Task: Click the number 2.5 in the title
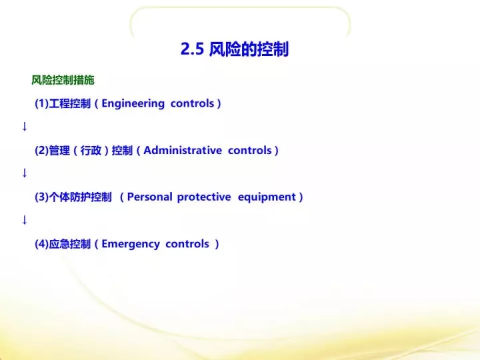[x=192, y=49]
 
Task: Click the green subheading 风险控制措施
[x=63, y=80]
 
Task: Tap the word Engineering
[x=133, y=104]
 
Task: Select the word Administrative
[x=183, y=150]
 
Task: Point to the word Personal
[x=150, y=197]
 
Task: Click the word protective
[x=204, y=197]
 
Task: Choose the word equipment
[x=267, y=197]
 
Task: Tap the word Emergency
[x=131, y=244]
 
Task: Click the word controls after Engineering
[x=192, y=103]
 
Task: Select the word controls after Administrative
[x=250, y=150]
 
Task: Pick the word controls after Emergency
[x=187, y=244]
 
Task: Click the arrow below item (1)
[x=25, y=127]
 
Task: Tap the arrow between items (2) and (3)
[x=25, y=173]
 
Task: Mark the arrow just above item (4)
[x=25, y=220]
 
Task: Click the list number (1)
[x=41, y=103]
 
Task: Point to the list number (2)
[x=41, y=150]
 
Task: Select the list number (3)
[x=41, y=197]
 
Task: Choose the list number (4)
[x=41, y=244]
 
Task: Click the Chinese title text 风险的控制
[x=249, y=49]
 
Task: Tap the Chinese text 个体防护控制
[x=80, y=197]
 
